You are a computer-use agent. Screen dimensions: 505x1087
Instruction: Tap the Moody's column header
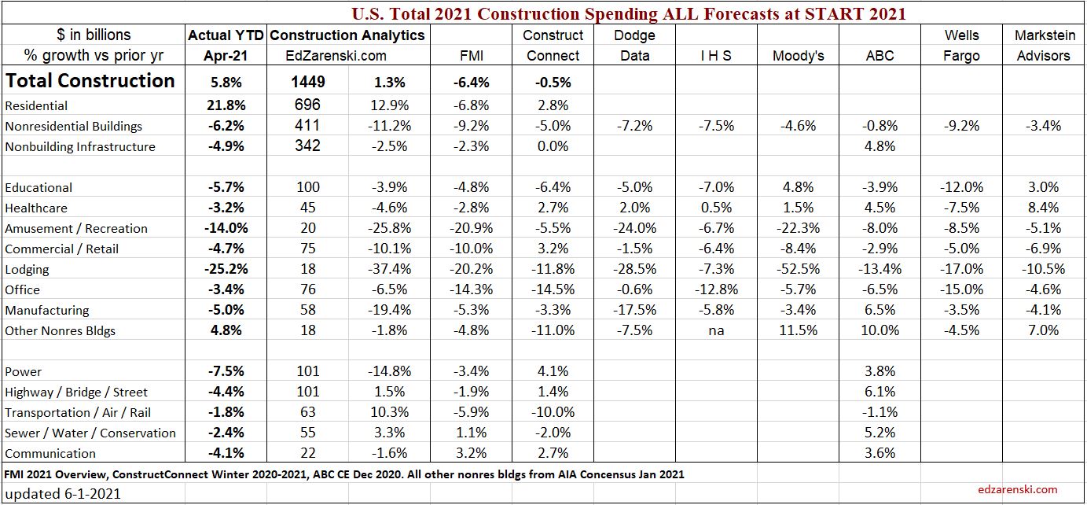(x=798, y=56)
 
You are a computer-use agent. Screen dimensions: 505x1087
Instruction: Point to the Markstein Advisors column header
(x=1042, y=46)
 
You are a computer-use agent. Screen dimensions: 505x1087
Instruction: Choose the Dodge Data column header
(x=634, y=46)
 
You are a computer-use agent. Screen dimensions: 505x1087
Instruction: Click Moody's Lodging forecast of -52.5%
(x=798, y=269)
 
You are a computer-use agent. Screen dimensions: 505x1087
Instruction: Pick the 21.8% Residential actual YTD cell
(x=225, y=105)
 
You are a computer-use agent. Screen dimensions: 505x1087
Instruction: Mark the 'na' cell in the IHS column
(x=716, y=330)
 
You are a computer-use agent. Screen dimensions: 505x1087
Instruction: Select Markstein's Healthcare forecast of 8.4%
(x=1043, y=208)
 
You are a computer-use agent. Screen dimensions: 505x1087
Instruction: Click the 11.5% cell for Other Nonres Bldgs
(x=798, y=330)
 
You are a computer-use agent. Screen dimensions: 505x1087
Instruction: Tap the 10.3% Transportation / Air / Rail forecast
(x=389, y=412)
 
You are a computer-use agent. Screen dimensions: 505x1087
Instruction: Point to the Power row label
(x=24, y=371)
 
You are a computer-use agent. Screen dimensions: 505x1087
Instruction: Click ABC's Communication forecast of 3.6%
(x=880, y=453)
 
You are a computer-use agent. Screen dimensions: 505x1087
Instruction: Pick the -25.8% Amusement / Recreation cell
(x=389, y=228)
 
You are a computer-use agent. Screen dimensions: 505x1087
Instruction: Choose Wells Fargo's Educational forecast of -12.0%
(x=961, y=187)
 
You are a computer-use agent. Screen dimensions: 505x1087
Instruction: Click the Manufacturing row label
(x=47, y=310)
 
